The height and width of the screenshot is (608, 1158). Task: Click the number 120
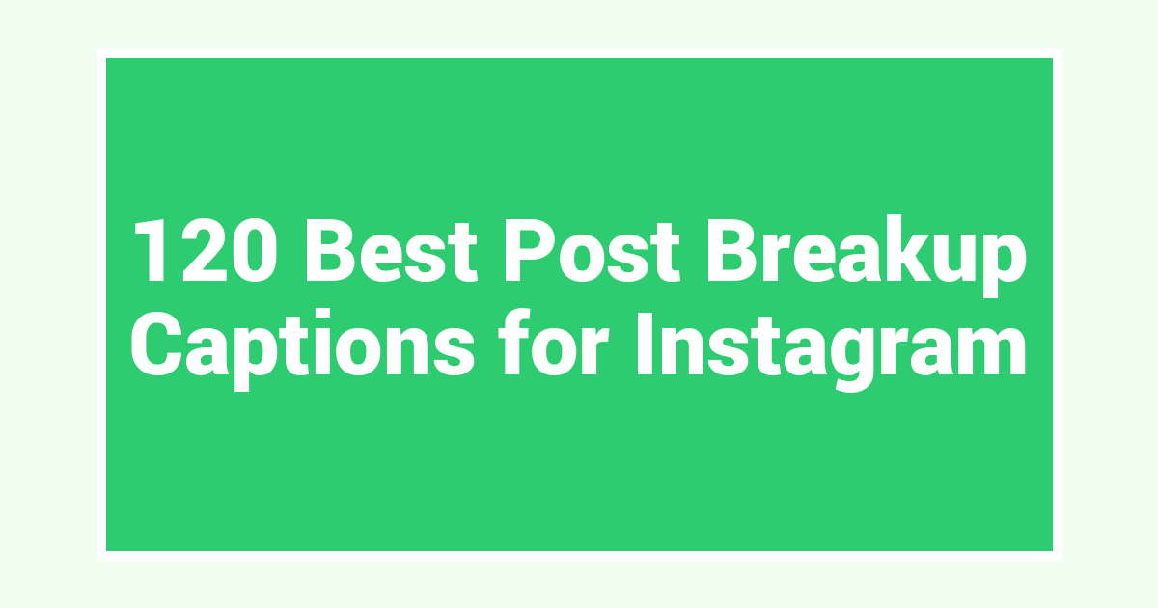(x=206, y=250)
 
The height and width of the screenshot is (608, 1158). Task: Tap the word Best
(x=392, y=250)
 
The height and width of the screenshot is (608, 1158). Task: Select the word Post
(x=593, y=250)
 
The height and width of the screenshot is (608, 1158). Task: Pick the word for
(x=554, y=342)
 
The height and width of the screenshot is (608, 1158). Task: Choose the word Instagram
(x=831, y=350)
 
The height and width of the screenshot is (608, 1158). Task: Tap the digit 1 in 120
(x=151, y=250)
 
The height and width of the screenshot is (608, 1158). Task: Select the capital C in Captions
(x=156, y=344)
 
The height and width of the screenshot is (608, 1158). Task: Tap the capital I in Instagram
(x=645, y=344)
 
